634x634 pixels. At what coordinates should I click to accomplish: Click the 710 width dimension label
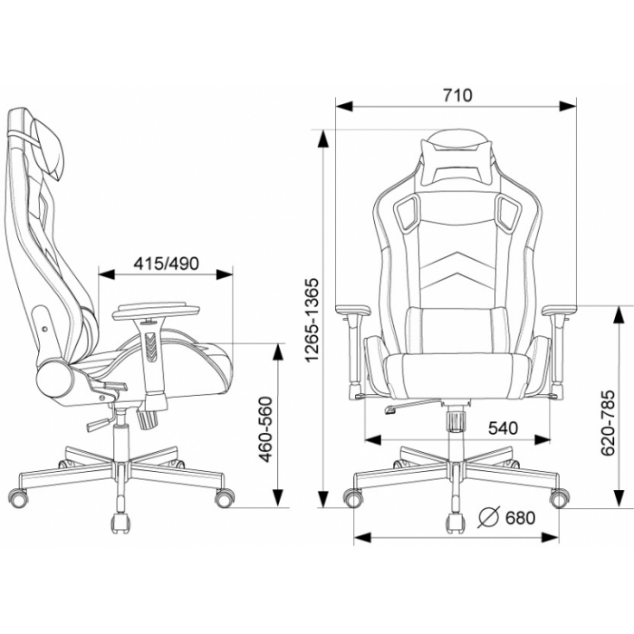tap(457, 95)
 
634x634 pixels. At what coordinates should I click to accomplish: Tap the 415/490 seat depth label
tap(166, 264)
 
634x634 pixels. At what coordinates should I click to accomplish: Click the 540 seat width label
tap(503, 427)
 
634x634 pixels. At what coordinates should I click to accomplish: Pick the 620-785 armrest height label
tap(608, 423)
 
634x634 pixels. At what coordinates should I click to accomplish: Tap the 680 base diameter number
tap(520, 517)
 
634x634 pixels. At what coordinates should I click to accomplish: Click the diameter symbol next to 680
tap(489, 517)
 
